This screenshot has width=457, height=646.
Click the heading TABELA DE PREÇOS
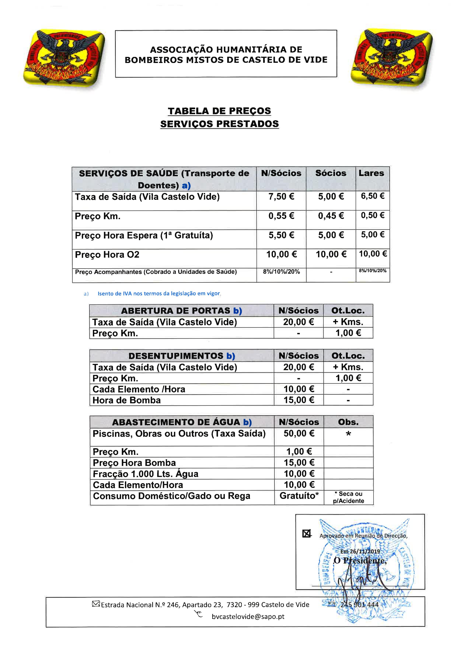point(219,111)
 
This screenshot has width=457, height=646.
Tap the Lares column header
point(371,173)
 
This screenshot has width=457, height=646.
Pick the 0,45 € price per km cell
point(331,216)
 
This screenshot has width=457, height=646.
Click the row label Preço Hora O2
point(107,255)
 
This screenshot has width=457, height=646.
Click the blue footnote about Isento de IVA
point(159,294)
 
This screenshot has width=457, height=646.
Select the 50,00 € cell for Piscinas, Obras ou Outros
point(299,433)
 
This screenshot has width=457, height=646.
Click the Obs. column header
point(348,422)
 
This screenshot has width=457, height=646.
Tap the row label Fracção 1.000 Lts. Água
point(146,474)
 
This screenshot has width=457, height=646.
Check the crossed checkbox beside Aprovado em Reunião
point(306,533)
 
